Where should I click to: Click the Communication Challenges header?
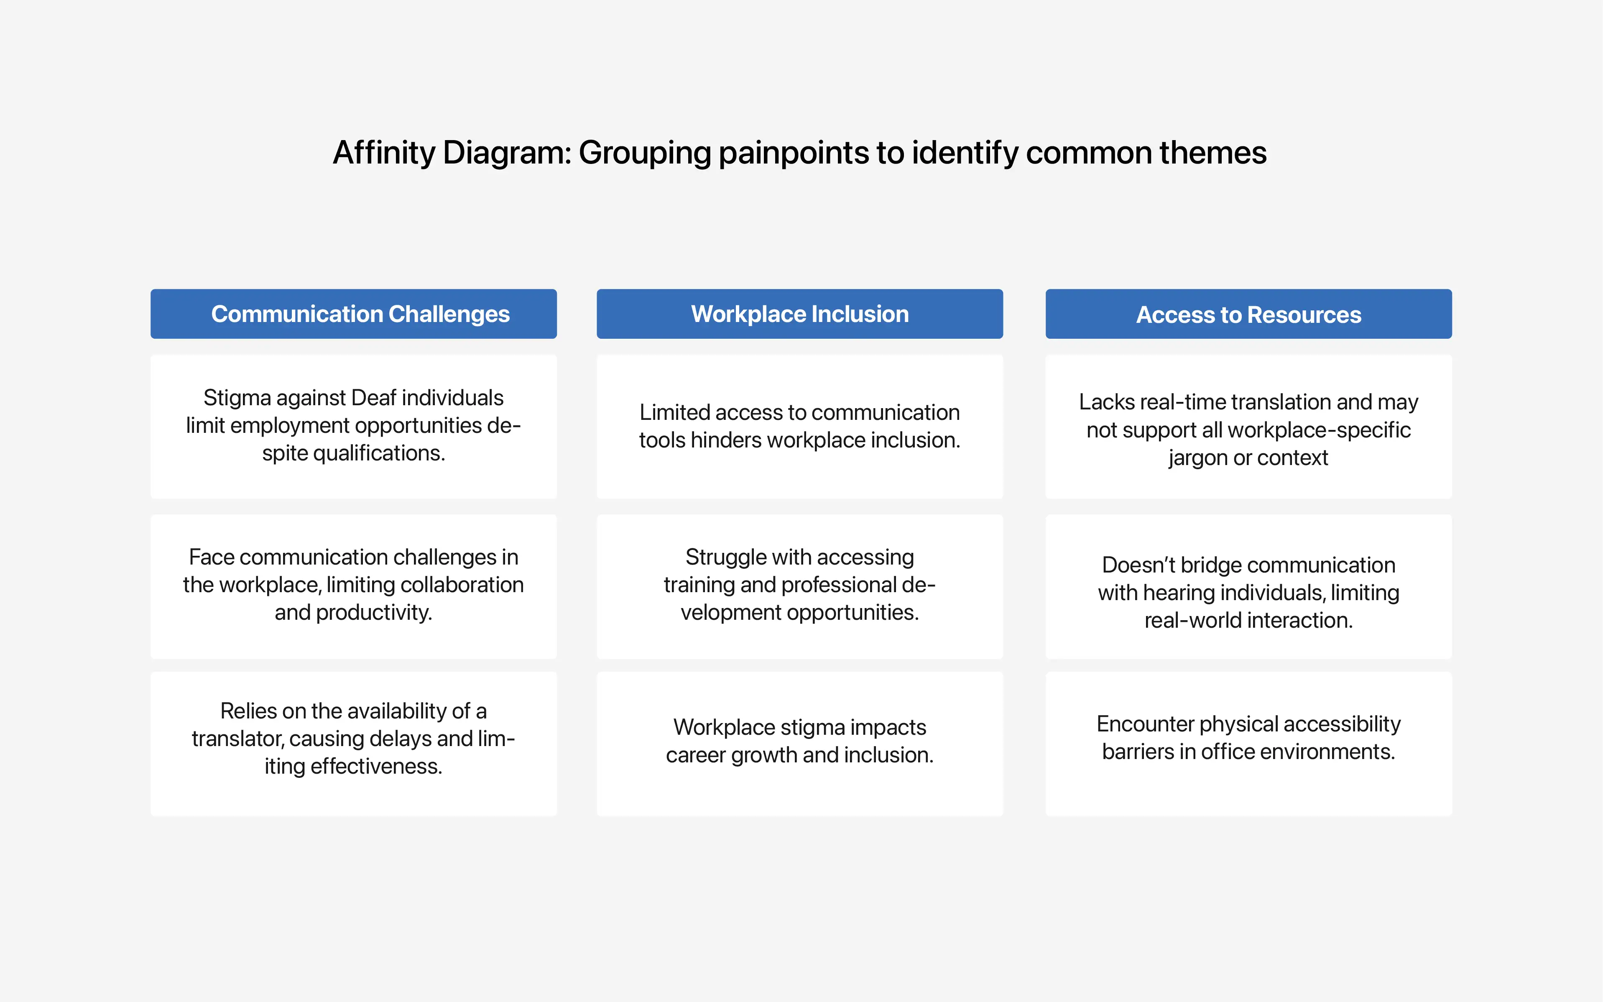tap(354, 314)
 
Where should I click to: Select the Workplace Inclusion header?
tap(799, 314)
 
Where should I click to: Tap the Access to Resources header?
tap(1248, 314)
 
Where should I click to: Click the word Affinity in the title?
tap(384, 153)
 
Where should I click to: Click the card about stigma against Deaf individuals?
tap(354, 427)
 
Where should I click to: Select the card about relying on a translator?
tap(354, 744)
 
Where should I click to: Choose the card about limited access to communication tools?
tap(799, 427)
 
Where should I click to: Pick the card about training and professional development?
tap(799, 586)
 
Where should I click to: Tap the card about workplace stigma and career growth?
tap(799, 744)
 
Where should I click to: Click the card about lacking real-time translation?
tap(1248, 427)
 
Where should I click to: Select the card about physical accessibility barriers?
tap(1248, 744)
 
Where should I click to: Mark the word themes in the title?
tap(1213, 153)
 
